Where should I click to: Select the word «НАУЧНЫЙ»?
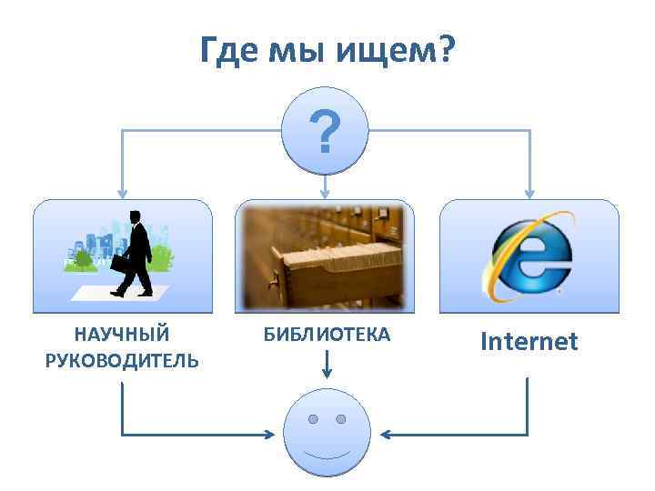point(122,335)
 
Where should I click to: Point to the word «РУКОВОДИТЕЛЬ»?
point(122,361)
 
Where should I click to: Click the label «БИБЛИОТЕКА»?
point(327,336)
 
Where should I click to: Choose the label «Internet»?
point(529,342)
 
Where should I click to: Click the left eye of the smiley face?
point(312,419)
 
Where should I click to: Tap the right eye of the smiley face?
point(341,419)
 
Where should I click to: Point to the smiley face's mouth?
point(327,454)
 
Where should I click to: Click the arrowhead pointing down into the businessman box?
point(123,193)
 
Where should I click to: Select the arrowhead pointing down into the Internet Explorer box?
point(530,193)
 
